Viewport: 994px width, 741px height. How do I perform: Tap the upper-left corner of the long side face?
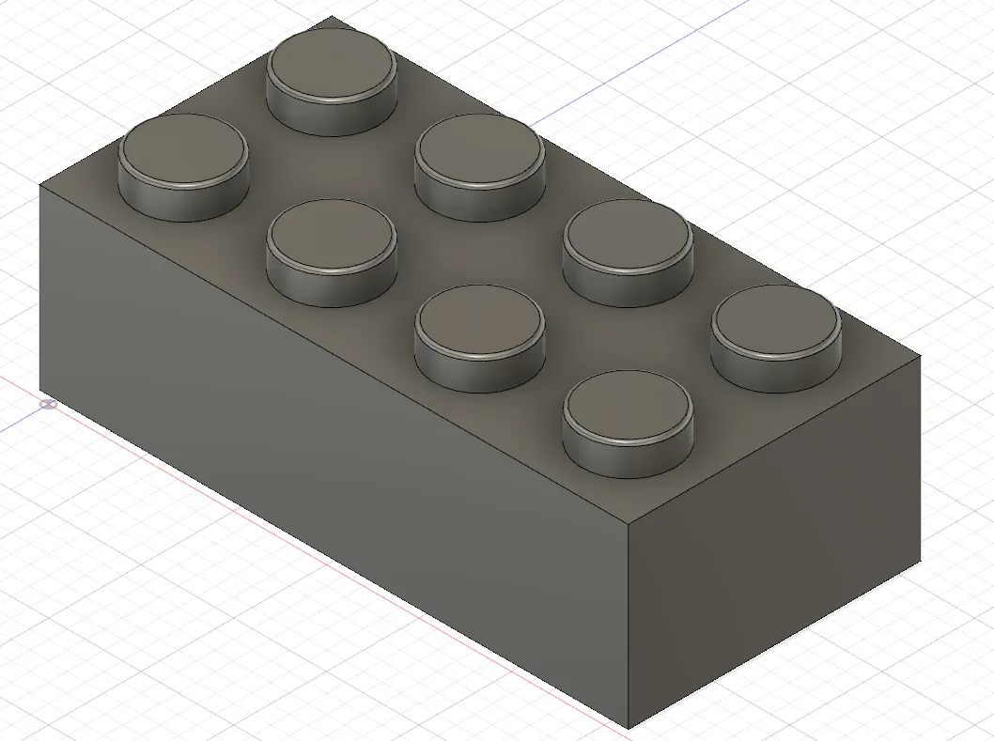point(39,185)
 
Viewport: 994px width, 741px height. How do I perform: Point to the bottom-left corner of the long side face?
point(39,390)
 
